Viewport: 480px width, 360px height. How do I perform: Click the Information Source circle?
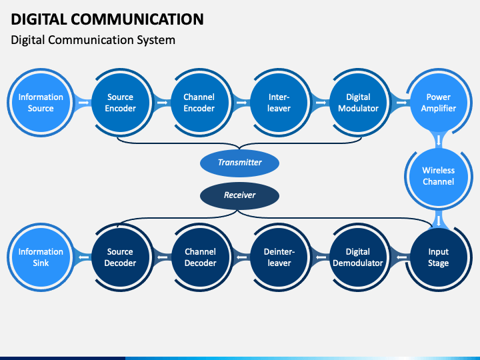tap(41, 103)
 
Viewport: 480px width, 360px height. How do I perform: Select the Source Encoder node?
tap(120, 103)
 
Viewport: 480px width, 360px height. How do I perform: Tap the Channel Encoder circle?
tap(199, 103)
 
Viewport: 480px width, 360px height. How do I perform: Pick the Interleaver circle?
tap(279, 103)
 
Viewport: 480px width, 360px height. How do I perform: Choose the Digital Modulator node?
tap(359, 103)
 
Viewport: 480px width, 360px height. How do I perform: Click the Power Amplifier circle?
tap(439, 103)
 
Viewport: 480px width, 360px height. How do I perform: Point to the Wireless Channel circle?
tap(439, 176)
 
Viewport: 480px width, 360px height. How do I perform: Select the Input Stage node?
tap(439, 257)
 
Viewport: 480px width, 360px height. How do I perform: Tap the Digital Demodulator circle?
tap(359, 257)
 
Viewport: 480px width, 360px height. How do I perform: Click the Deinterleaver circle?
tap(279, 257)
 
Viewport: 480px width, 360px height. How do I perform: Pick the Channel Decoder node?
tap(200, 257)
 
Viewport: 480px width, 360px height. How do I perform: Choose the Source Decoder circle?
tap(120, 257)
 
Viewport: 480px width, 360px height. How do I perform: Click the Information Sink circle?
tap(41, 257)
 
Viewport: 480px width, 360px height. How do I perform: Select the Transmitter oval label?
tap(240, 163)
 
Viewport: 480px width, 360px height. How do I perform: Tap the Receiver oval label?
tap(240, 195)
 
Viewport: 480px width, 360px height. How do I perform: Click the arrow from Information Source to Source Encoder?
tap(83, 103)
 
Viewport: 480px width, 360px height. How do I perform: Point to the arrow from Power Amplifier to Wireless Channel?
tap(439, 140)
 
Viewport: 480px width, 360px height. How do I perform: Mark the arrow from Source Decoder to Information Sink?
tap(83, 257)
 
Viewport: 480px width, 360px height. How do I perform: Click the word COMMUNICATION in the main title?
tap(137, 19)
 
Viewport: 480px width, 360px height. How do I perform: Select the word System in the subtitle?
tap(156, 41)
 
